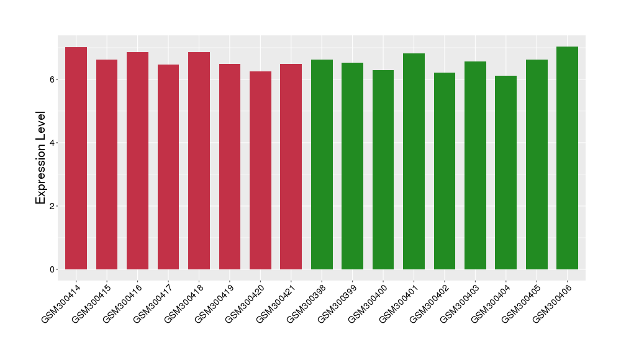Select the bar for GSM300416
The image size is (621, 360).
pos(137,161)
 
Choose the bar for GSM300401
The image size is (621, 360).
pos(414,161)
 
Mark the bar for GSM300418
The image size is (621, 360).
pos(199,161)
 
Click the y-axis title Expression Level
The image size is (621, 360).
pos(41,158)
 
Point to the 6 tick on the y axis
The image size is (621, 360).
pos(54,79)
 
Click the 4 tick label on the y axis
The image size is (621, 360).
pos(54,143)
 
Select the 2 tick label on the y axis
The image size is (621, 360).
pos(54,206)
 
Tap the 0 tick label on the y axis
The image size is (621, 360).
pos(54,269)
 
